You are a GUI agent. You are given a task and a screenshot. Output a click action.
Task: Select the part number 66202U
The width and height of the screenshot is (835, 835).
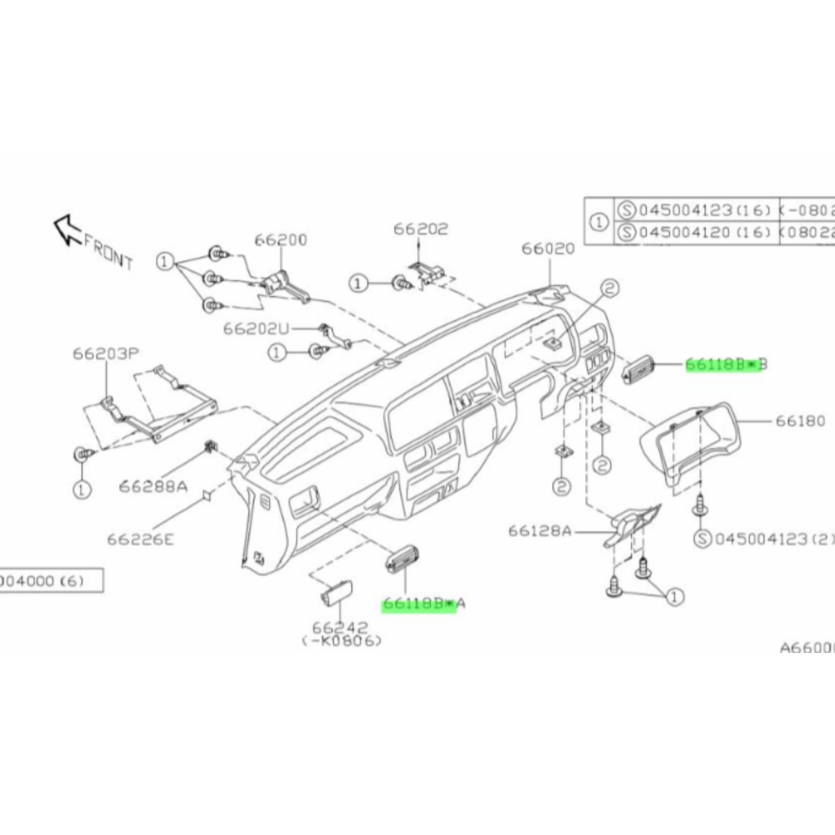pyautogui.click(x=256, y=329)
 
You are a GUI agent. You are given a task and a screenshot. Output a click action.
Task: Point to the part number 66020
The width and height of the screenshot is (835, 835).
pyautogui.click(x=549, y=249)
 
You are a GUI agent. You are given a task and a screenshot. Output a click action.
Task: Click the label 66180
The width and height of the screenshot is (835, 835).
pyautogui.click(x=801, y=421)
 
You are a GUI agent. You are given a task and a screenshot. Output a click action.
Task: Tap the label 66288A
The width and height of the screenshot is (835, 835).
pyautogui.click(x=153, y=487)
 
